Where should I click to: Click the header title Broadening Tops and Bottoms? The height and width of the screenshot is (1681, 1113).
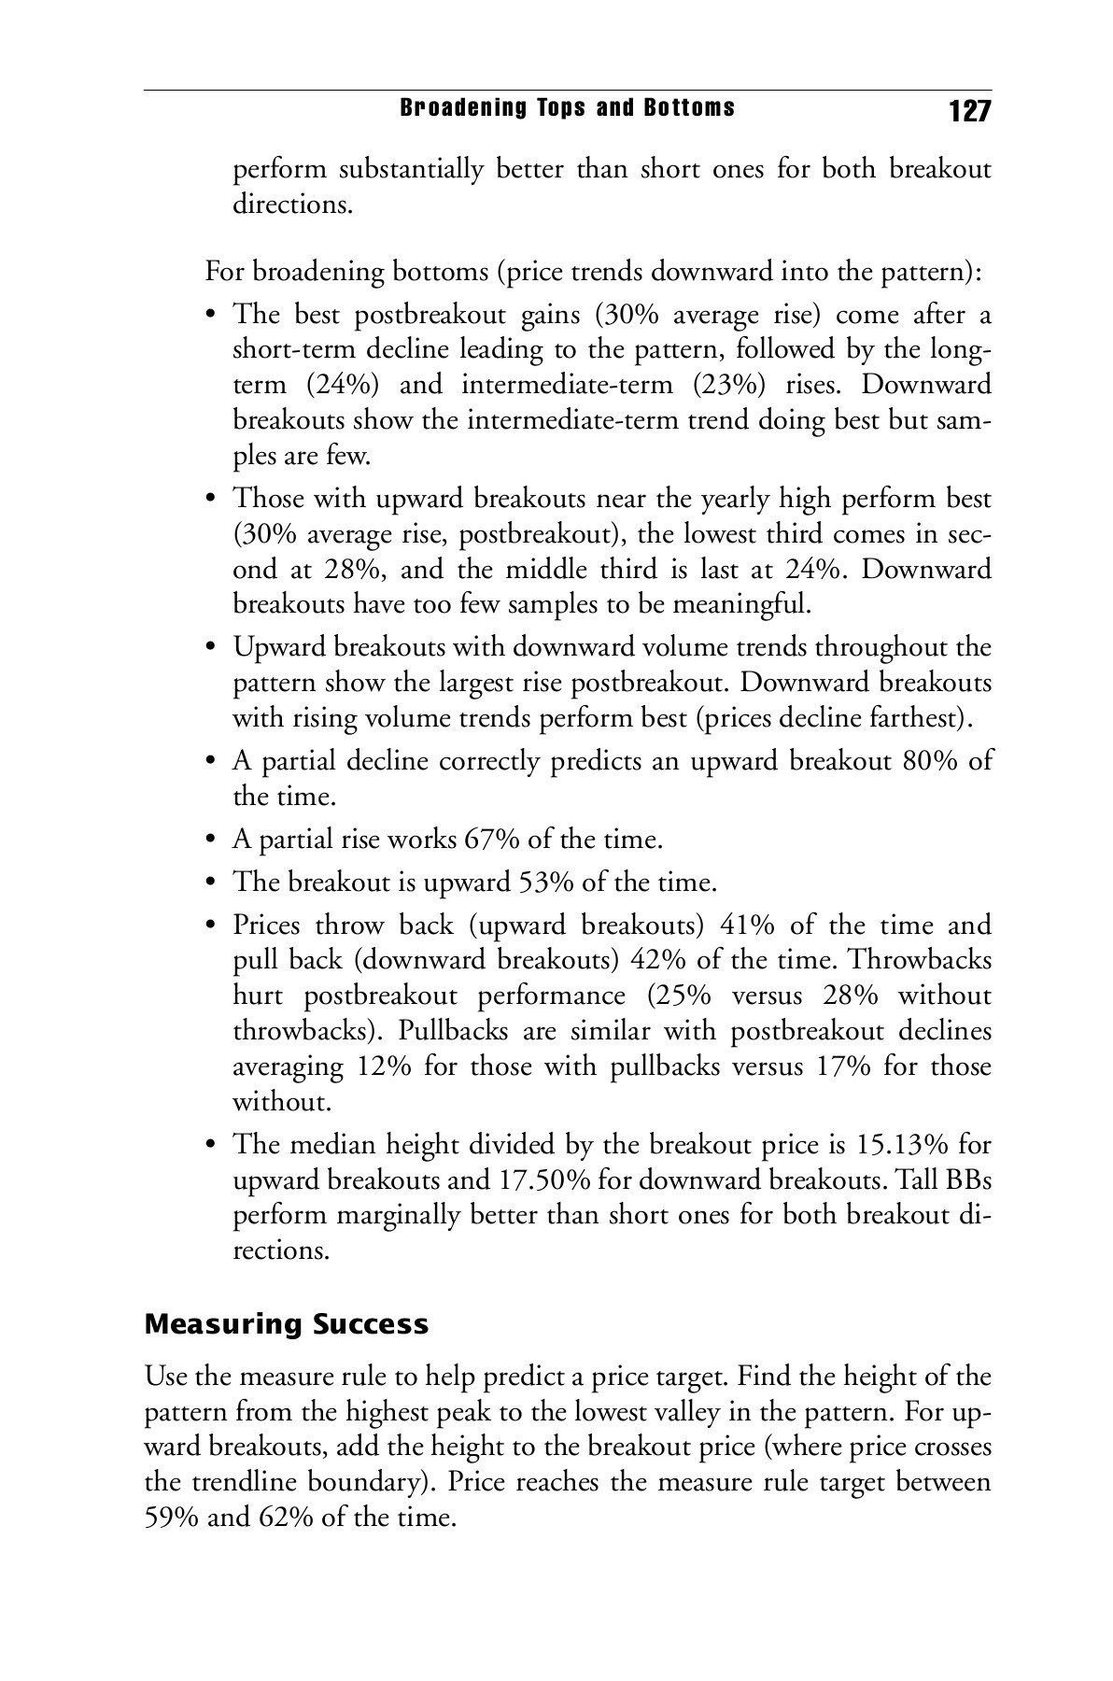pyautogui.click(x=567, y=108)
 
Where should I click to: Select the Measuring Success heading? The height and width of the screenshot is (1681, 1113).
pyautogui.click(x=287, y=1324)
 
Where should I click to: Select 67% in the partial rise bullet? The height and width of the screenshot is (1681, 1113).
pyautogui.click(x=491, y=840)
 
